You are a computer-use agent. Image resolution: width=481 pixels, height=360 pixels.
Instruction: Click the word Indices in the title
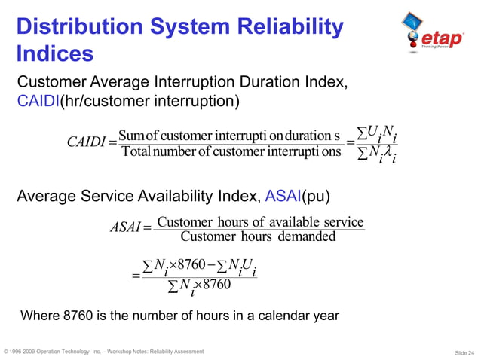tap(55, 54)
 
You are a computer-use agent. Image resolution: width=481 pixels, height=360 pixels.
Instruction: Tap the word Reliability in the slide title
tap(290, 28)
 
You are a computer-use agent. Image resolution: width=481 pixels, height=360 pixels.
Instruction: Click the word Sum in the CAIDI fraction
tap(131, 136)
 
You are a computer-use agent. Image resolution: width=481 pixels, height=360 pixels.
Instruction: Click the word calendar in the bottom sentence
tap(290, 315)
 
